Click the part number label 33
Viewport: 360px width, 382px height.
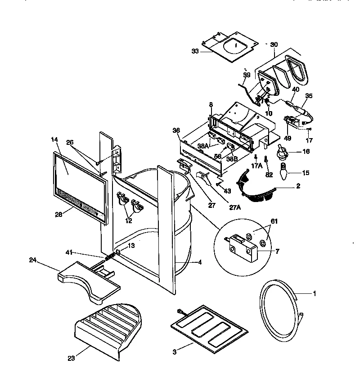click(195, 51)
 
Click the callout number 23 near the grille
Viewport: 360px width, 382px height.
click(71, 358)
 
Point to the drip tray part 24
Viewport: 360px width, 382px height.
click(90, 281)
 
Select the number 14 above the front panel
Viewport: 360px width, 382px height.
click(55, 140)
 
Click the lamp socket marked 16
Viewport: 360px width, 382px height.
click(283, 152)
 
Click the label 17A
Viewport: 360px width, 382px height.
click(256, 166)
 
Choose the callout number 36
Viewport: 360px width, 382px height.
click(176, 130)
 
